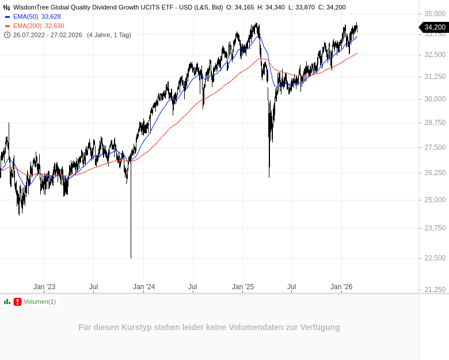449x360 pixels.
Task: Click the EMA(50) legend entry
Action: click(25, 17)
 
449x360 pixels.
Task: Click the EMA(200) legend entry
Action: click(27, 26)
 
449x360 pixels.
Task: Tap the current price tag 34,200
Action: click(435, 27)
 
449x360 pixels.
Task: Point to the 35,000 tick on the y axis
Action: click(435, 13)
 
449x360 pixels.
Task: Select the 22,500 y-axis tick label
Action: click(435, 257)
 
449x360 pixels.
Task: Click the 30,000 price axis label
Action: click(435, 99)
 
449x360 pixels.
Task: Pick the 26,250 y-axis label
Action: click(435, 173)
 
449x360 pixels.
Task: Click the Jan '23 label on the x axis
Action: click(44, 287)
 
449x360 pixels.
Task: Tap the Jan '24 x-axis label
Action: click(144, 287)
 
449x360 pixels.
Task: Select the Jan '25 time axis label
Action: click(243, 287)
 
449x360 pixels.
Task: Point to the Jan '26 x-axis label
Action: click(341, 287)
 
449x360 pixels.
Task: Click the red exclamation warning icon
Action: click(17, 302)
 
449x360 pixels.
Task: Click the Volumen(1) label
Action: click(40, 302)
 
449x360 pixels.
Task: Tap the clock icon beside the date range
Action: click(7, 35)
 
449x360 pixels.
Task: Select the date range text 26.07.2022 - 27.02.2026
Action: click(48, 35)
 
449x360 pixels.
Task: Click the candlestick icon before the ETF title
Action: click(7, 7)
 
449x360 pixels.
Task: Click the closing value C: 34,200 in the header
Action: click(332, 7)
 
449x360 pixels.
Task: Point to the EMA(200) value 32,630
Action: click(55, 26)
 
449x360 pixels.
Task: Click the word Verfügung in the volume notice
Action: click(321, 327)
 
